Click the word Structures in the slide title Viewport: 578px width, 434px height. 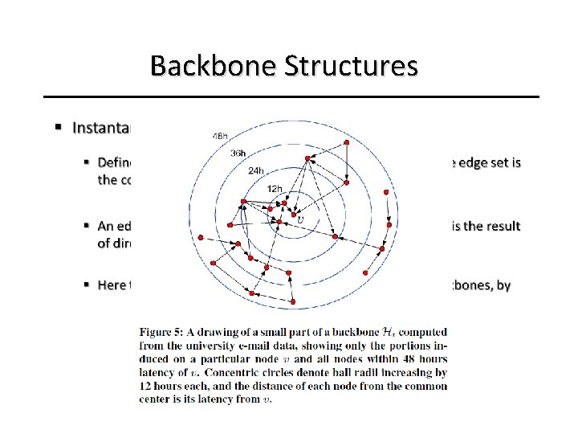350,66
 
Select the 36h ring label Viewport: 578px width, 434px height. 238,153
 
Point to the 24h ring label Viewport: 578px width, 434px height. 256,170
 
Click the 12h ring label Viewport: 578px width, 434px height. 275,188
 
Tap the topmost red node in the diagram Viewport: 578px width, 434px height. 346,142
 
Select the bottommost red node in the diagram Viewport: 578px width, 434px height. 293,301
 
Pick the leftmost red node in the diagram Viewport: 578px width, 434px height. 201,237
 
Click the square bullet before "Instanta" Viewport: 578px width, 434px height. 59,127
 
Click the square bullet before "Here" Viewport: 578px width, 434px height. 85,285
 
